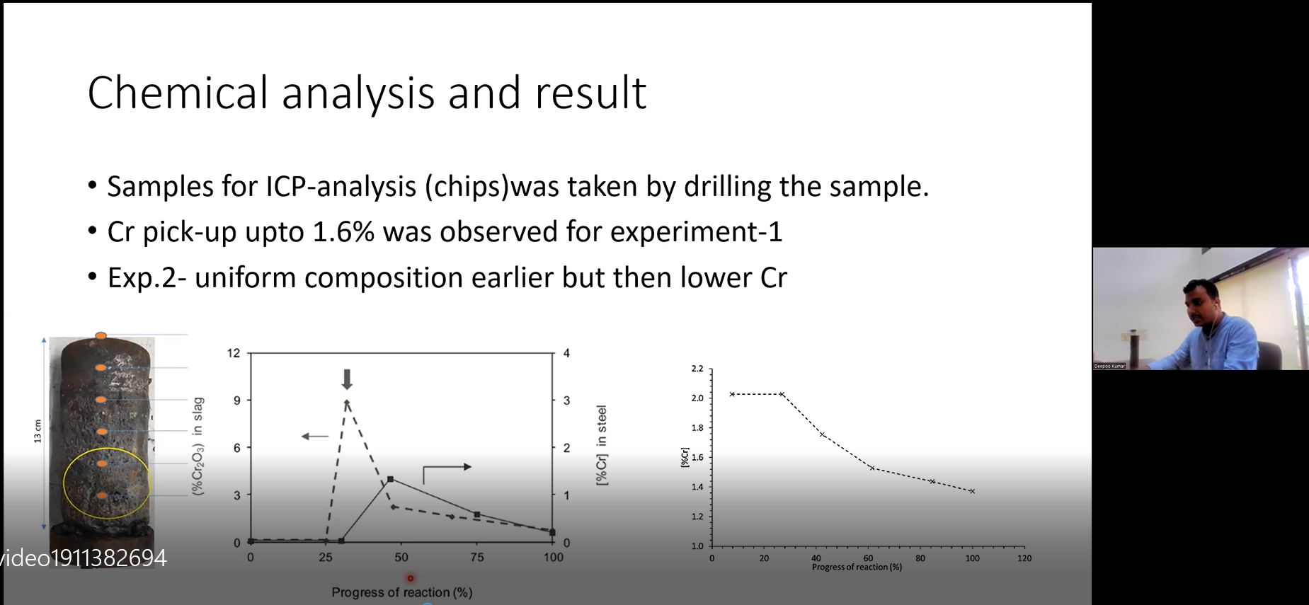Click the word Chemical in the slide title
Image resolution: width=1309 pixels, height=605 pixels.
tap(178, 93)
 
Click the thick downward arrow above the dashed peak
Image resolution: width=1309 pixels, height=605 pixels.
tap(347, 379)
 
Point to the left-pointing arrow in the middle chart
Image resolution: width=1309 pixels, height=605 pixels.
tap(315, 437)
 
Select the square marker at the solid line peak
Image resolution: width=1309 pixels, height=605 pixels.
tap(390, 480)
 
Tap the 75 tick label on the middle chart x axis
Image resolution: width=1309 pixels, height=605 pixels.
tap(477, 558)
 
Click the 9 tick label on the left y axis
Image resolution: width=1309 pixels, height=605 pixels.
tap(237, 401)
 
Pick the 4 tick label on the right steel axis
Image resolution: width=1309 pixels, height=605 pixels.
tap(566, 353)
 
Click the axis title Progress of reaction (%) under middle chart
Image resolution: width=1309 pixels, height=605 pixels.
tap(402, 592)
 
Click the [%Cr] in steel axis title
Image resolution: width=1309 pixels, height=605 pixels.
tap(602, 445)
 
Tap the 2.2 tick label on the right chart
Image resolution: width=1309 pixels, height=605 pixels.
tap(697, 369)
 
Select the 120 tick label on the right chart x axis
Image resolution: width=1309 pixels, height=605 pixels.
tap(1024, 558)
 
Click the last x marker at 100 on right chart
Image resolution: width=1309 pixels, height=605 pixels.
tap(972, 491)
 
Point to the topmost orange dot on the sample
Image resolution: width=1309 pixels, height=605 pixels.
tap(101, 335)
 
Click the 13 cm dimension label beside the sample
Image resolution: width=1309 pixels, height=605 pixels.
tap(38, 432)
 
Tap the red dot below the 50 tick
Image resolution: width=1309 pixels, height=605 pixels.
tap(410, 578)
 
